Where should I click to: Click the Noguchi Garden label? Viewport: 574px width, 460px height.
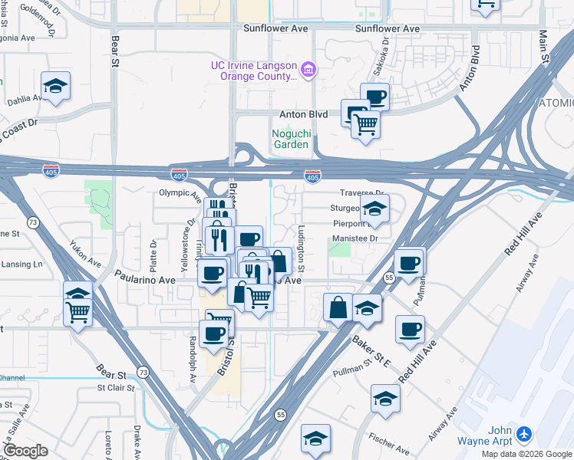291,138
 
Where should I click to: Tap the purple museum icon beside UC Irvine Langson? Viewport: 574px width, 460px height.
308,71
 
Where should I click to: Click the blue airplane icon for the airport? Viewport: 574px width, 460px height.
525,435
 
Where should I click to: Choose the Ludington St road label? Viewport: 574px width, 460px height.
301,249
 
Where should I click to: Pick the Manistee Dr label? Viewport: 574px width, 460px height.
356,238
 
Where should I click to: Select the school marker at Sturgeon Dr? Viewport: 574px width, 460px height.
374,209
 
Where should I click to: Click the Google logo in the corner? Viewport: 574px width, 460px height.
25,451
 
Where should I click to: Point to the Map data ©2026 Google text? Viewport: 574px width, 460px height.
527,454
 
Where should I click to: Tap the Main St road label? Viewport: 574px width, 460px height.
543,46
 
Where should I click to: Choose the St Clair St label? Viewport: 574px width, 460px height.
116,388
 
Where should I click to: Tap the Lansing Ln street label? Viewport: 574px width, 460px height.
21,264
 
